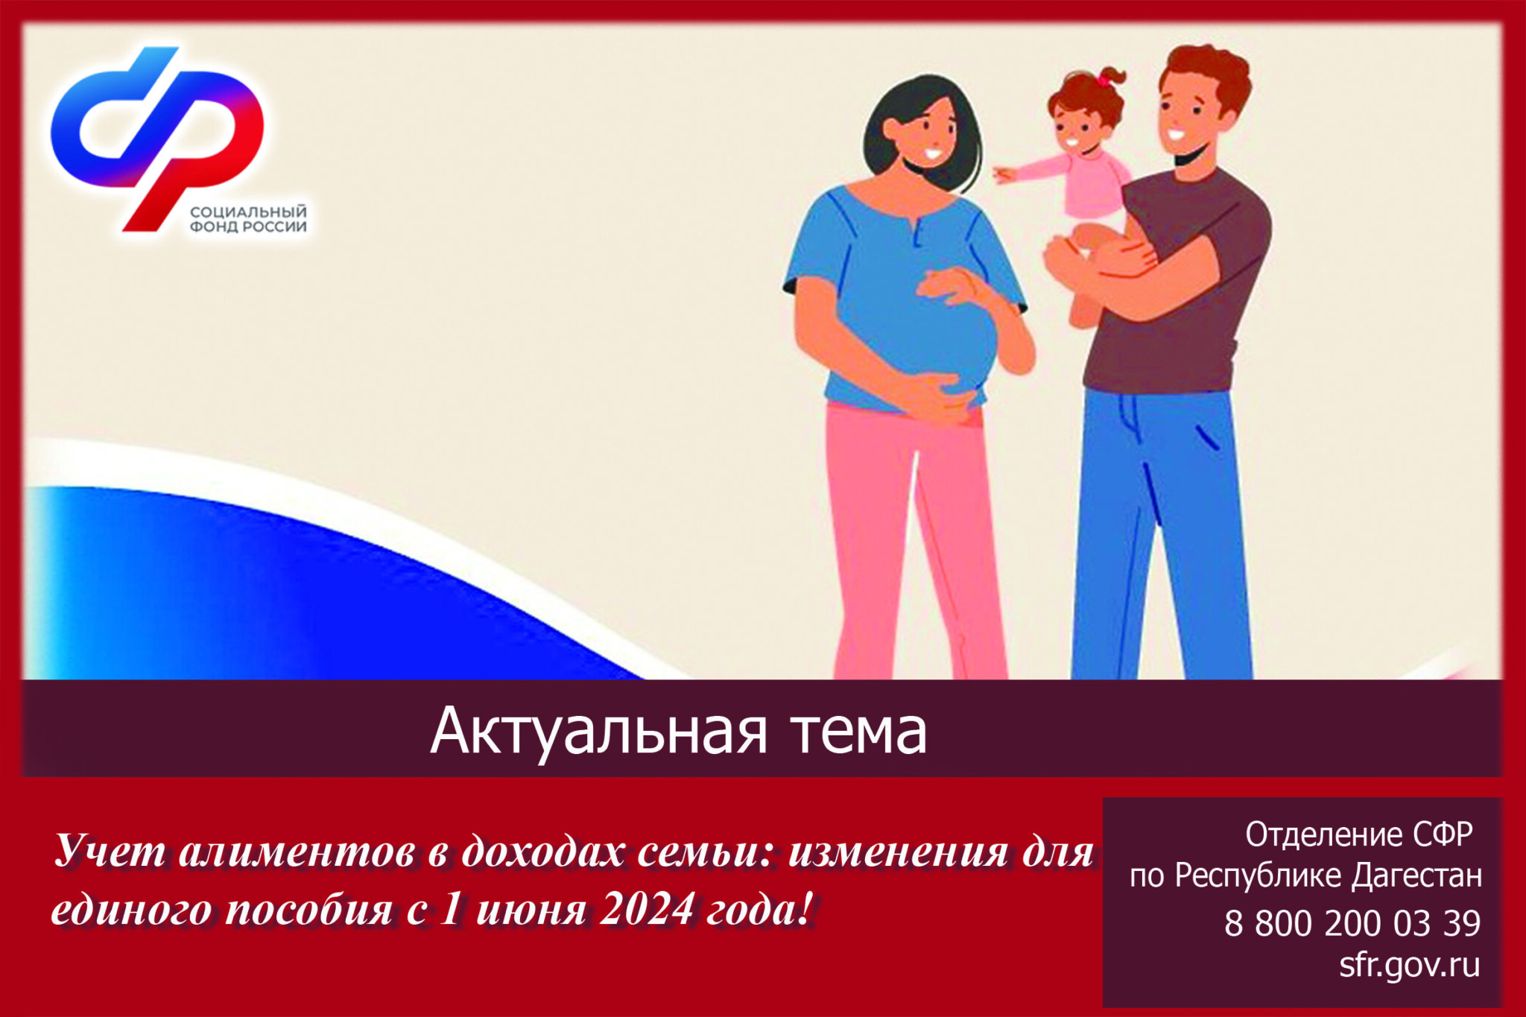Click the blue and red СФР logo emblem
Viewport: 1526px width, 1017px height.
156,138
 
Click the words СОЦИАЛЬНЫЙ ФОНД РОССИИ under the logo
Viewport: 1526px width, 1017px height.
248,220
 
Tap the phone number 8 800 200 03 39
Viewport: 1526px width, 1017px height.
1352,924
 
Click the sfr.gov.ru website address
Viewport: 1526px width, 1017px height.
1409,966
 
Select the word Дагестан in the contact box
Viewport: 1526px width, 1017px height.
1417,877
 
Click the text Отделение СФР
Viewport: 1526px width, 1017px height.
1359,835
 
